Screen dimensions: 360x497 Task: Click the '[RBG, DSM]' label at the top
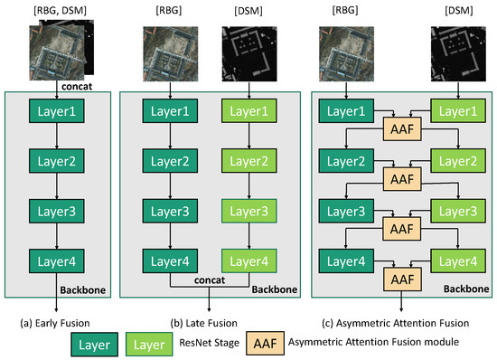tap(55, 10)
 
